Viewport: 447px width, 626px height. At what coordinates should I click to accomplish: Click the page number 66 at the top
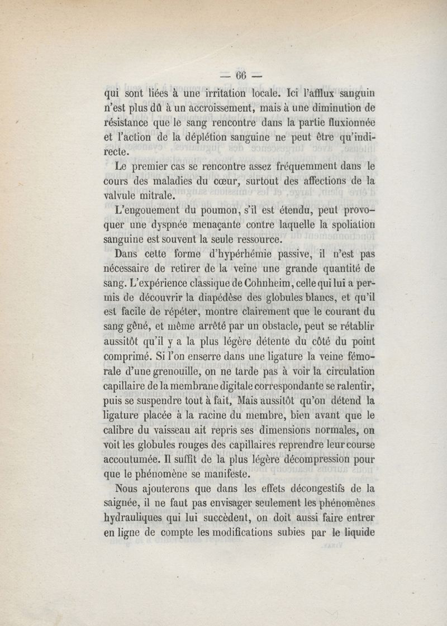[x=241, y=76]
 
